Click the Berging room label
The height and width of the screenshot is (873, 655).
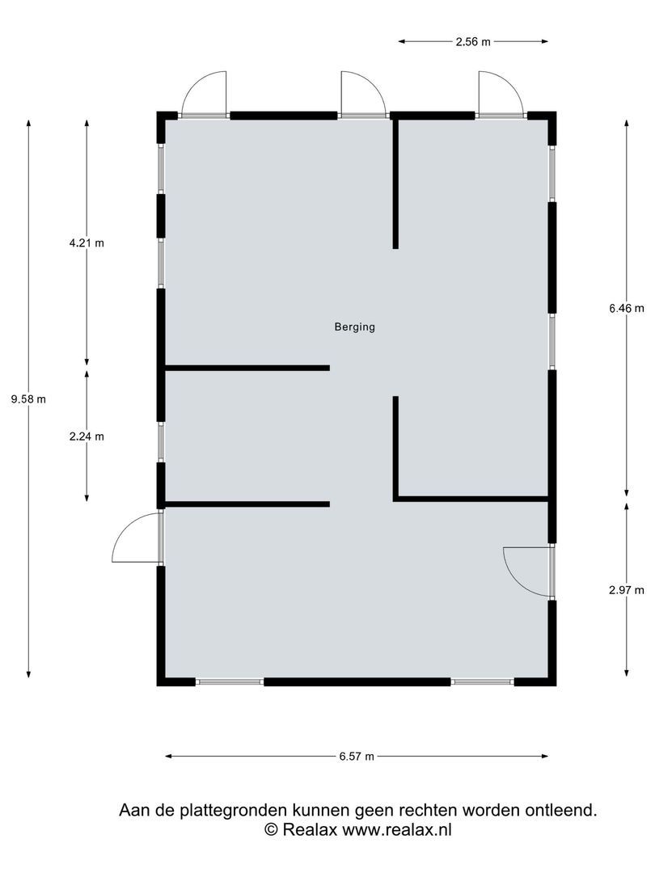[x=354, y=327]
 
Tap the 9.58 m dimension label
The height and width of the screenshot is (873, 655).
[x=28, y=399]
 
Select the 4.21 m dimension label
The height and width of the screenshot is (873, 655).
[x=87, y=242]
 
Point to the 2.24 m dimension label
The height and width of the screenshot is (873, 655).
[x=87, y=436]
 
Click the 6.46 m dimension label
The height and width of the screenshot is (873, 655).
[x=627, y=308]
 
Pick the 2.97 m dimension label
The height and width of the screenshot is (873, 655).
[x=627, y=590]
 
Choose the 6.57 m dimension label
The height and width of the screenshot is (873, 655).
[x=357, y=757]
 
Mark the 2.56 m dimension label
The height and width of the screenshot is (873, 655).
[x=473, y=41]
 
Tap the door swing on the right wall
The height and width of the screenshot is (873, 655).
[x=527, y=571]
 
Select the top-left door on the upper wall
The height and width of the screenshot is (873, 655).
[x=204, y=95]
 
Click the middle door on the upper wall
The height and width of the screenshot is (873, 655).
[x=362, y=95]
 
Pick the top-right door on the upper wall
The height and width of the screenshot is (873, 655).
[x=500, y=95]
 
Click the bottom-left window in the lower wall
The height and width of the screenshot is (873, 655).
[x=230, y=682]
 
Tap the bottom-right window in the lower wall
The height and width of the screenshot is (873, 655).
[x=483, y=682]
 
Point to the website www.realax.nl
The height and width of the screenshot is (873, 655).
[x=397, y=829]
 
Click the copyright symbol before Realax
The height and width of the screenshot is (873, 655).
[x=272, y=829]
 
